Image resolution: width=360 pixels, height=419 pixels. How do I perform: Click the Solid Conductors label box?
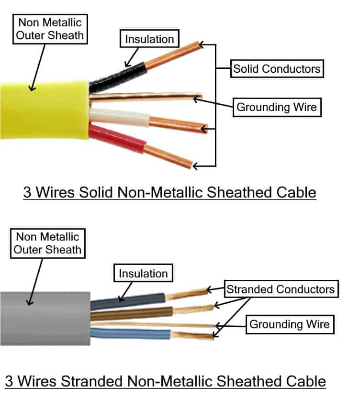click(277, 68)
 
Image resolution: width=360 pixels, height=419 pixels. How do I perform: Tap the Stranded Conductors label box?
click(281, 289)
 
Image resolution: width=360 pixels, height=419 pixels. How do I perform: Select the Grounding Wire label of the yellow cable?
click(277, 107)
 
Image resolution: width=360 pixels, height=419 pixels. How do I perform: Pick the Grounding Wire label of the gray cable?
click(289, 324)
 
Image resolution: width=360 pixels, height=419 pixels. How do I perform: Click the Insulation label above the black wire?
click(149, 39)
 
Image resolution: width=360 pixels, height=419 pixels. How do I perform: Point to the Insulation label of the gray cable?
click(143, 274)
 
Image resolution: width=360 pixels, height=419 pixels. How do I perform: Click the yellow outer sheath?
click(43, 110)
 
